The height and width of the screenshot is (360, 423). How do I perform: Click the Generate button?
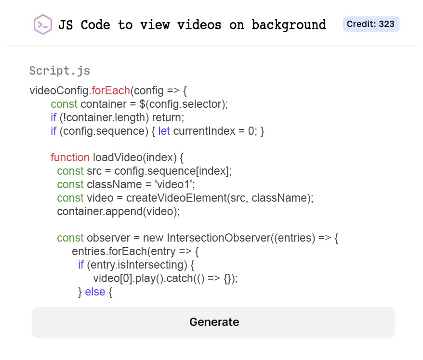[x=213, y=322]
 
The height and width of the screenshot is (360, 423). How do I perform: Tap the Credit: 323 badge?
[x=371, y=24]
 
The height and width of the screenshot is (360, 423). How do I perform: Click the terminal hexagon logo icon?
[x=42, y=25]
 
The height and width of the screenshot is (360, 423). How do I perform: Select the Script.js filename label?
[x=60, y=71]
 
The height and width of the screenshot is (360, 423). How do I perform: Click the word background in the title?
[x=289, y=25]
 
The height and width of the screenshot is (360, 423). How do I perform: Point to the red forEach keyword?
[x=111, y=90]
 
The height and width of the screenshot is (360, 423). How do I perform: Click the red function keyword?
[x=70, y=157]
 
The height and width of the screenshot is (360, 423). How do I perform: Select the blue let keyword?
[x=164, y=131]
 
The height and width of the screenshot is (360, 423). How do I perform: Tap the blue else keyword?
[x=95, y=292]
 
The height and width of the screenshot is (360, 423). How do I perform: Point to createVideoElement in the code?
[x=176, y=198]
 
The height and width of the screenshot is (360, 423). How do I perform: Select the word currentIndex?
[x=204, y=131]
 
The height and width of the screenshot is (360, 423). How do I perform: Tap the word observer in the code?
[x=108, y=238]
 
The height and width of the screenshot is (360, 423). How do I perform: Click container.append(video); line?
[x=119, y=211]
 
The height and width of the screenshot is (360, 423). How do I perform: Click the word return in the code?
[x=167, y=117]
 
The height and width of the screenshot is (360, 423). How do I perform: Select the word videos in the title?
[x=199, y=25]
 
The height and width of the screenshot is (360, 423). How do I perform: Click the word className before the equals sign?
[x=114, y=184]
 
